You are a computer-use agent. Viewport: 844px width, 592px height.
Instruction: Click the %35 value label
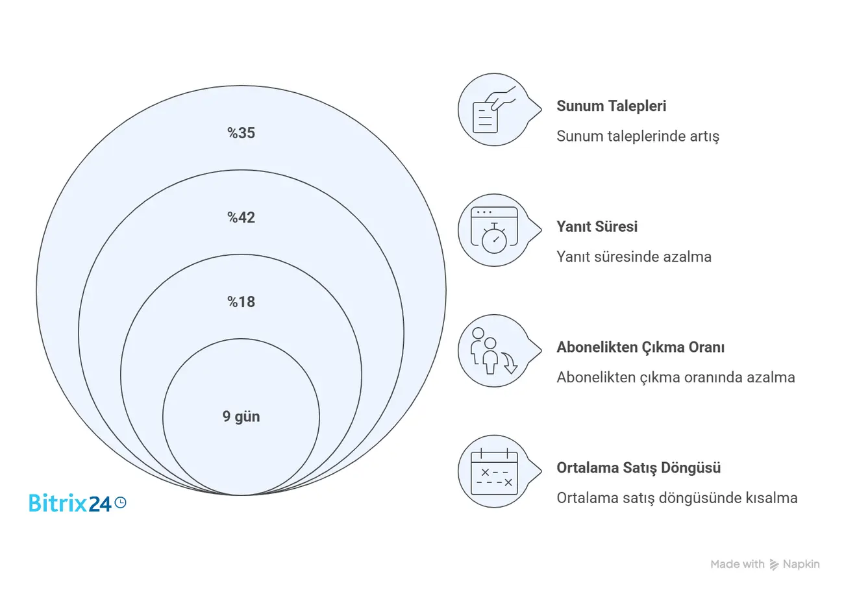click(x=241, y=133)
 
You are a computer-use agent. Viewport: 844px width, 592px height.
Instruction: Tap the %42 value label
click(x=241, y=217)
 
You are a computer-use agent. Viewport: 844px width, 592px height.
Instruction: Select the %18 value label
click(x=241, y=302)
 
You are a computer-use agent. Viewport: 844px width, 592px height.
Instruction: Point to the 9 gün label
click(x=241, y=417)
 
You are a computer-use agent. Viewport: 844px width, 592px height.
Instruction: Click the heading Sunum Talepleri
click(x=611, y=106)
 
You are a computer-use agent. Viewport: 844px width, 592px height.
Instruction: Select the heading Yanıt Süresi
click(x=597, y=227)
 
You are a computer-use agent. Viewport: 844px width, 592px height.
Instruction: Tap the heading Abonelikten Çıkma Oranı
click(x=641, y=347)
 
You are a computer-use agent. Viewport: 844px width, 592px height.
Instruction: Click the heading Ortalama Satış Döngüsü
click(x=639, y=468)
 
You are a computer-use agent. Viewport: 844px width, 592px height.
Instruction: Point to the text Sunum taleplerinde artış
click(x=638, y=136)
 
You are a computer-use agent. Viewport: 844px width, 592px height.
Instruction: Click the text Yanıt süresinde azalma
click(x=634, y=257)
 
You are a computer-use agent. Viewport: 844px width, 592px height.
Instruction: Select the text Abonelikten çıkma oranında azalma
click(x=676, y=378)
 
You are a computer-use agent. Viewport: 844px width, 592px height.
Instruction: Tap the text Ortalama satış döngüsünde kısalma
click(x=677, y=498)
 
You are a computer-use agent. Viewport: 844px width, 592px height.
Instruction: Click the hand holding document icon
click(x=494, y=110)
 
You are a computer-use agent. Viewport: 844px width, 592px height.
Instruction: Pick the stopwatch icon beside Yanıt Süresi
click(x=494, y=230)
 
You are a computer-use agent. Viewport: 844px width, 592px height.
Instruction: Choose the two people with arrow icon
click(x=494, y=351)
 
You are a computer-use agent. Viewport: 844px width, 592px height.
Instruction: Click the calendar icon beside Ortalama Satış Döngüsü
click(x=494, y=471)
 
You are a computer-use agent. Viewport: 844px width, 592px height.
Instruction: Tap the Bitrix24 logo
click(x=78, y=502)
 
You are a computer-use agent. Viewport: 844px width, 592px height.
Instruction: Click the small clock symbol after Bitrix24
click(x=121, y=502)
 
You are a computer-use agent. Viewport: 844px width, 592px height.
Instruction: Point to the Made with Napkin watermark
click(x=765, y=564)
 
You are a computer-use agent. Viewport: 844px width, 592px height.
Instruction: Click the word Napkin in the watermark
click(x=801, y=564)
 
